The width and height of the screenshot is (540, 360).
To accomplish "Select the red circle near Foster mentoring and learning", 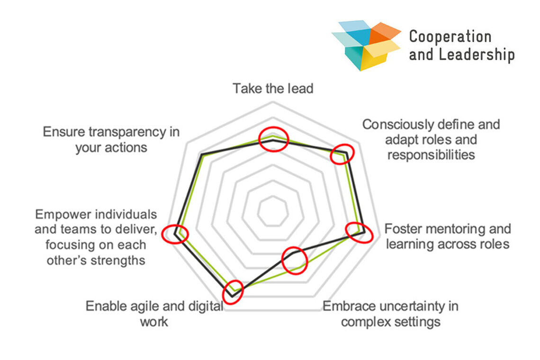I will (x=359, y=233).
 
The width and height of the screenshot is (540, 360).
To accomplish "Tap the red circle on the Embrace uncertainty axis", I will (x=295, y=260).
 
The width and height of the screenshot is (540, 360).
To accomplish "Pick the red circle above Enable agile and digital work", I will (x=233, y=292).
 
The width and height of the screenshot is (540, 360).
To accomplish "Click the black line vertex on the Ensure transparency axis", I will (x=202, y=155).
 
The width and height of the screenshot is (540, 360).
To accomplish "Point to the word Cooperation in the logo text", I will (x=443, y=37).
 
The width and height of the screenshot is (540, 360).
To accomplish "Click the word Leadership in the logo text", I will (x=476, y=54).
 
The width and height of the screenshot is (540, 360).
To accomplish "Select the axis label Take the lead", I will (x=273, y=89).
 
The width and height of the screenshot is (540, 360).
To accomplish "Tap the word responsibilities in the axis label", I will (x=431, y=155).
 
